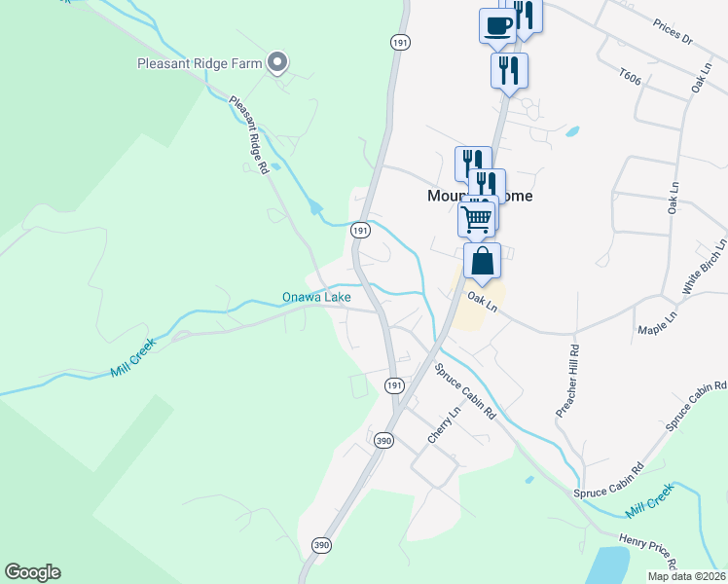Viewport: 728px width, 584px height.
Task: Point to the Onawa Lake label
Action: (316, 296)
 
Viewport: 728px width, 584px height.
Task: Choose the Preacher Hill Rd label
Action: (567, 381)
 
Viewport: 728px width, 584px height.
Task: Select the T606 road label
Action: (633, 75)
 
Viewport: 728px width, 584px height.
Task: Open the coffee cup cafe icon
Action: (497, 25)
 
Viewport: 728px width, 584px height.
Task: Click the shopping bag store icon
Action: (482, 261)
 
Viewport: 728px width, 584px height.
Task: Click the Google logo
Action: (32, 572)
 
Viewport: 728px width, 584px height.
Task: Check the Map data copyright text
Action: (686, 576)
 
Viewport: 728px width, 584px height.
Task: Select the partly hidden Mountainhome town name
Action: (445, 195)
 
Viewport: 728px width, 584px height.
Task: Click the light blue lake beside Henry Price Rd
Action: (608, 565)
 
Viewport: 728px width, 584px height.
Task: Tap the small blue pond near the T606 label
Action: (571, 131)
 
